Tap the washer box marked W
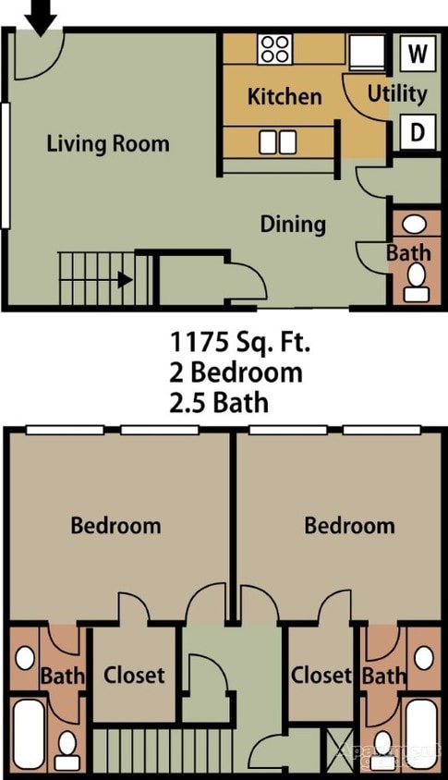coord(418,54)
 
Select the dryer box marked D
coord(418,132)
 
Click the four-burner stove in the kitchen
coord(275,48)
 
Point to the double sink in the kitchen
coord(278,141)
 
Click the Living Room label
coord(108,143)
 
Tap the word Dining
coord(293,224)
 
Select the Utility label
coord(397,93)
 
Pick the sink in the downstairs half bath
coord(416,224)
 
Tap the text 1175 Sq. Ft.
coord(240,342)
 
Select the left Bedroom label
coord(115,526)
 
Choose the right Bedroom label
coord(349,526)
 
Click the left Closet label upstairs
coord(134,676)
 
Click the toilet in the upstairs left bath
coord(67,749)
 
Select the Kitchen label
coord(285,96)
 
